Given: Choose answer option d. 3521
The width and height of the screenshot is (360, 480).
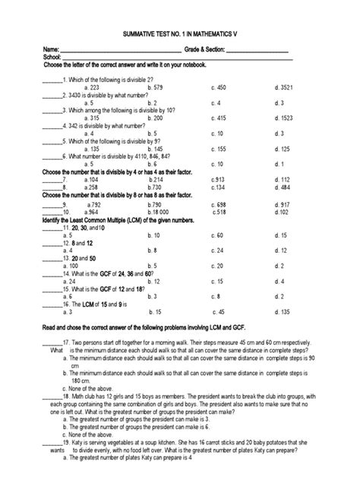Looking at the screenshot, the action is click(x=283, y=87).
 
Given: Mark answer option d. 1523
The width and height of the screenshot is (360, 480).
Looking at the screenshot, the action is click(x=283, y=118).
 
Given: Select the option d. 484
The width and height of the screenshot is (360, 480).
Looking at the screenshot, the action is click(x=282, y=187).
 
